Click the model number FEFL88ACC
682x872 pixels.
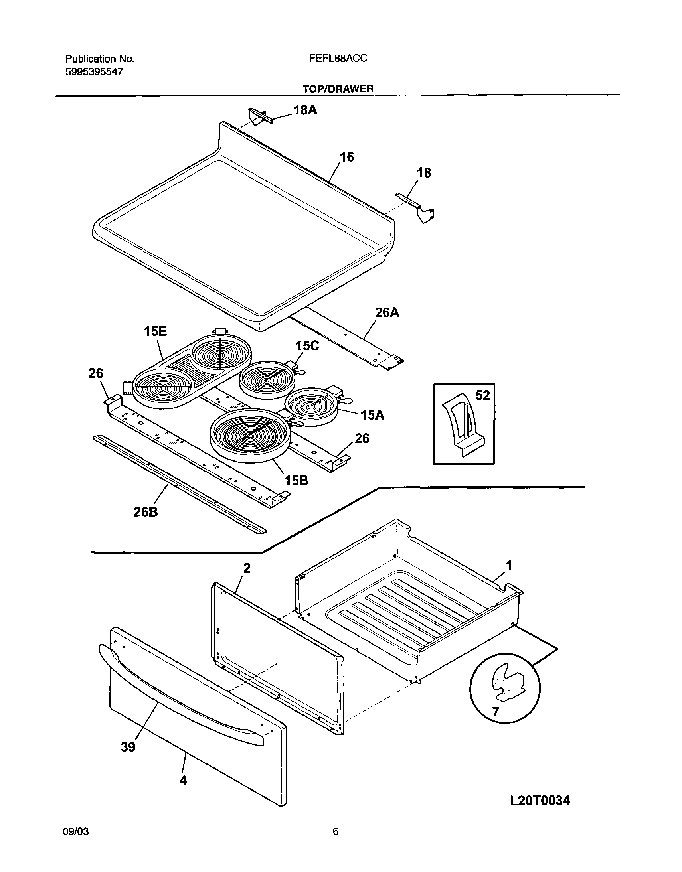click(338, 59)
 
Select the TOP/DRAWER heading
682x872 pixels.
click(338, 89)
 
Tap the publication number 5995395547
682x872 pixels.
click(94, 72)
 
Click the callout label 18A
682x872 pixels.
click(305, 110)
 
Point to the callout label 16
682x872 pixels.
click(346, 157)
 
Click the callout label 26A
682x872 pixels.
click(387, 312)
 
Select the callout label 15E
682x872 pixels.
click(155, 331)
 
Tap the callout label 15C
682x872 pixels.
click(307, 346)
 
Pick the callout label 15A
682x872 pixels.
click(372, 415)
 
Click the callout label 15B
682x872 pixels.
click(296, 481)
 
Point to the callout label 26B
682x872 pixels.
click(145, 512)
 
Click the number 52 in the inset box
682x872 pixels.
click(482, 395)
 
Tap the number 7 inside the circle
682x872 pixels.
click(495, 712)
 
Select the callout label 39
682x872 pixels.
click(128, 747)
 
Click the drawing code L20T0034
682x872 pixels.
click(540, 800)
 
